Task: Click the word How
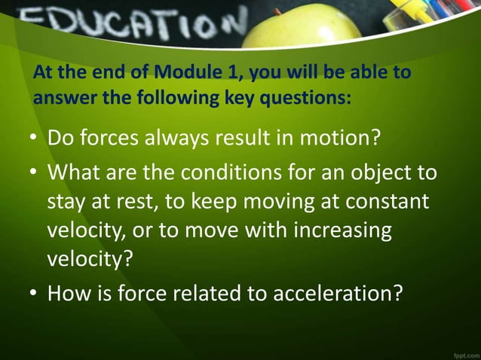point(68,291)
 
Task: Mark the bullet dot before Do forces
point(35,140)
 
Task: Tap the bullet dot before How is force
point(35,292)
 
